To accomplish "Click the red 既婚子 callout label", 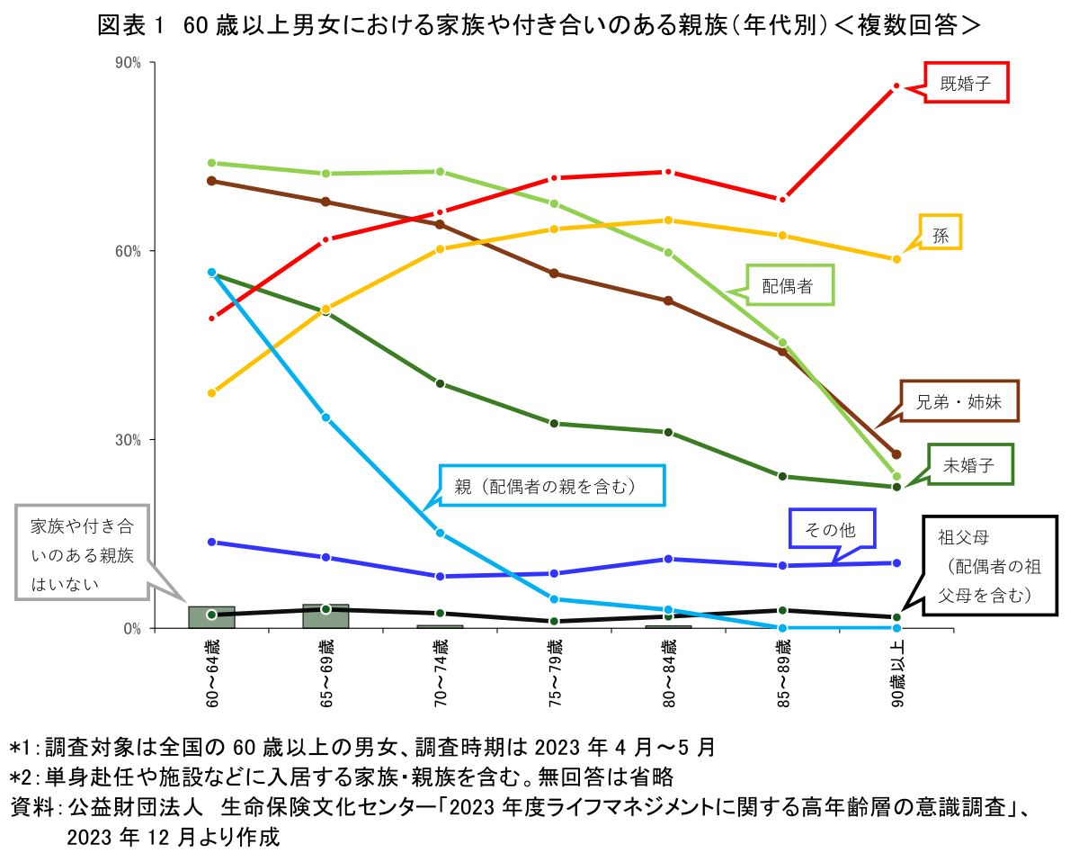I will [967, 83].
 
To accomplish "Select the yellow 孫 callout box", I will [941, 233].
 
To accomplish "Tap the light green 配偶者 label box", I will [789, 286].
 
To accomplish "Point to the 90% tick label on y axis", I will [129, 63].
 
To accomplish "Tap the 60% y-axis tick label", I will [129, 251].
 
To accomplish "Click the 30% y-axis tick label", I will [129, 440].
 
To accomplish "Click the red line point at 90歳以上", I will [896, 86].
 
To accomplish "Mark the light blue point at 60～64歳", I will [212, 272].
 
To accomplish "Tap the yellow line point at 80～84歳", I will [668, 220].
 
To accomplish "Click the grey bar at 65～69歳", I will [325, 616].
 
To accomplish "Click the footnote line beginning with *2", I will [342, 776].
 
